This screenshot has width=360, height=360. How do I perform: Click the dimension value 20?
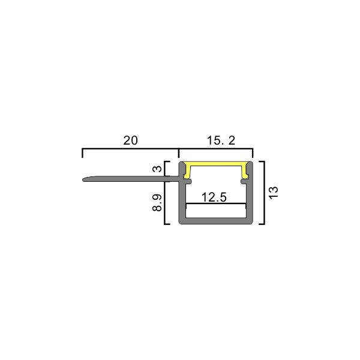coord(130,140)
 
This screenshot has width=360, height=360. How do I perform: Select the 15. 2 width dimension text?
coord(221,140)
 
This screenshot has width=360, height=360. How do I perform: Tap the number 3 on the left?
coord(157,169)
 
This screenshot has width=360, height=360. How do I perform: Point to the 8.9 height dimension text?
coord(157,203)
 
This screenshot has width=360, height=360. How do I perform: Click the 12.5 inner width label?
coord(214,197)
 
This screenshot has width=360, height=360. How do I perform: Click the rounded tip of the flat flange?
coord(84,179)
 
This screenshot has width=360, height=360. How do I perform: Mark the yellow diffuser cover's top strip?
coord(216,164)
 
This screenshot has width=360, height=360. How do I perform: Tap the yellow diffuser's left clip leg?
coord(187,172)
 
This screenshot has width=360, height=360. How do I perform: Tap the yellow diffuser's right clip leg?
coord(245,172)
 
